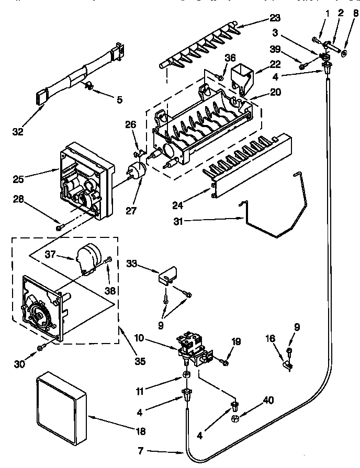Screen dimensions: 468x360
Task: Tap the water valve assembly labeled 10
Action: [193, 348]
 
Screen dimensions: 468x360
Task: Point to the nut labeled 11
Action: [186, 375]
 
